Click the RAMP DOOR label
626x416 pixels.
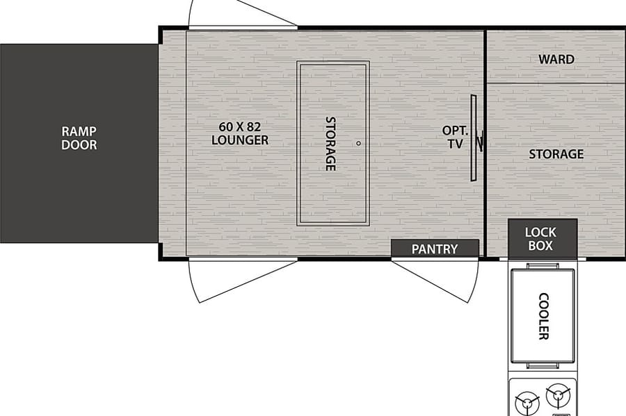tap(79, 138)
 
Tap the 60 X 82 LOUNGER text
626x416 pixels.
tap(240, 133)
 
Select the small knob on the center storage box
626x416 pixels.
tap(358, 144)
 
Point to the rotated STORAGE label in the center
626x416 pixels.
tap(330, 144)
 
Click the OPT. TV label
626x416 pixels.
tap(455, 137)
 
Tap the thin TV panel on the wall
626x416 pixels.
tap(474, 138)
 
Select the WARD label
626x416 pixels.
tap(556, 59)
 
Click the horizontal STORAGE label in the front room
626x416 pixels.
tap(556, 153)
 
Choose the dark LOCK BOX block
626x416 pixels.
tap(543, 238)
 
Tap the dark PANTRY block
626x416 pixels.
tap(435, 248)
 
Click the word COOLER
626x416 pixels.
tap(543, 317)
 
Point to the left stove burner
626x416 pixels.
tap(527, 403)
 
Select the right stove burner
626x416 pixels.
tap(559, 395)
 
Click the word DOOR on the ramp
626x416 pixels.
tap(79, 144)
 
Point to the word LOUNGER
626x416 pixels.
tap(240, 140)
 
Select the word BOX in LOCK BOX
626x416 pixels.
tap(540, 245)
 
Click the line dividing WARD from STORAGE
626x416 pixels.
tap(556, 83)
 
